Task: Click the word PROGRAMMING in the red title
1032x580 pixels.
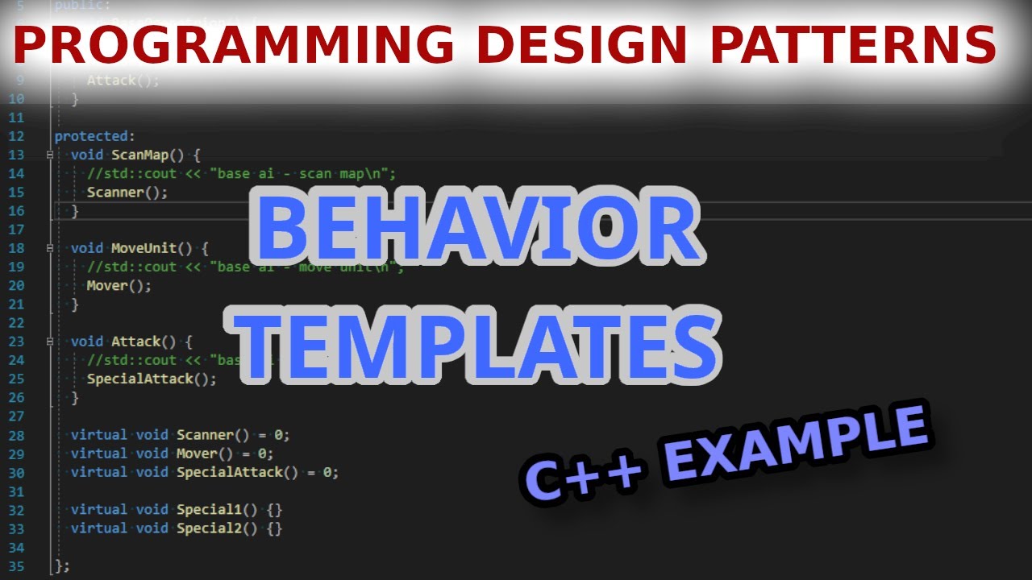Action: (x=235, y=45)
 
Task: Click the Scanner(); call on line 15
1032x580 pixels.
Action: (x=127, y=193)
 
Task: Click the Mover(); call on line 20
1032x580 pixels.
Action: (x=119, y=285)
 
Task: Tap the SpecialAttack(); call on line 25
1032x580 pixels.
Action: (x=152, y=379)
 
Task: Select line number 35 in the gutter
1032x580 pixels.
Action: (x=16, y=565)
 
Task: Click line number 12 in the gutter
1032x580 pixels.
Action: (x=16, y=136)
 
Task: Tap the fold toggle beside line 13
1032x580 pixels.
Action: (x=50, y=155)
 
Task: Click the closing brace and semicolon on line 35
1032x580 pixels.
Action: (x=62, y=565)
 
